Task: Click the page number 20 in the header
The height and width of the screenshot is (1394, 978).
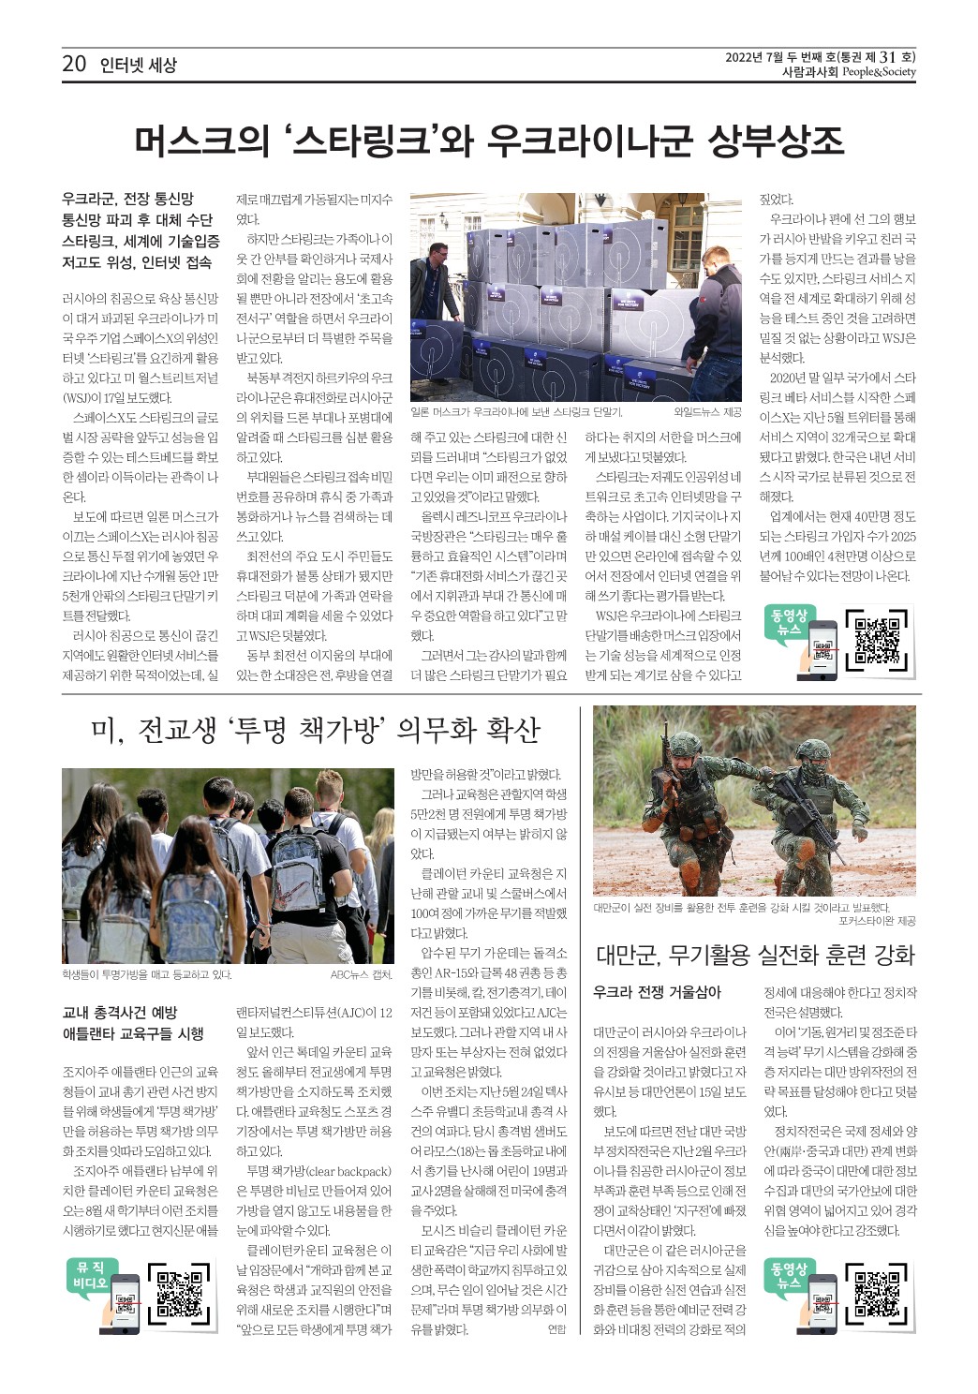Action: [x=74, y=64]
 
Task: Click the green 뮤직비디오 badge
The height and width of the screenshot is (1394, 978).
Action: [x=90, y=1275]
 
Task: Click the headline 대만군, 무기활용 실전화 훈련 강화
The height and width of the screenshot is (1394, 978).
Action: [x=754, y=956]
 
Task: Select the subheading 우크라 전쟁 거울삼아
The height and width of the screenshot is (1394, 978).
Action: [x=657, y=992]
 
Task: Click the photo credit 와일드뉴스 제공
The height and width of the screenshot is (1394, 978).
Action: [x=707, y=412]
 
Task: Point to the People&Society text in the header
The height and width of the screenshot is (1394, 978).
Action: [x=878, y=72]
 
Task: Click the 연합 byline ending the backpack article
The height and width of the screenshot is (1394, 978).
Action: [x=556, y=1329]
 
